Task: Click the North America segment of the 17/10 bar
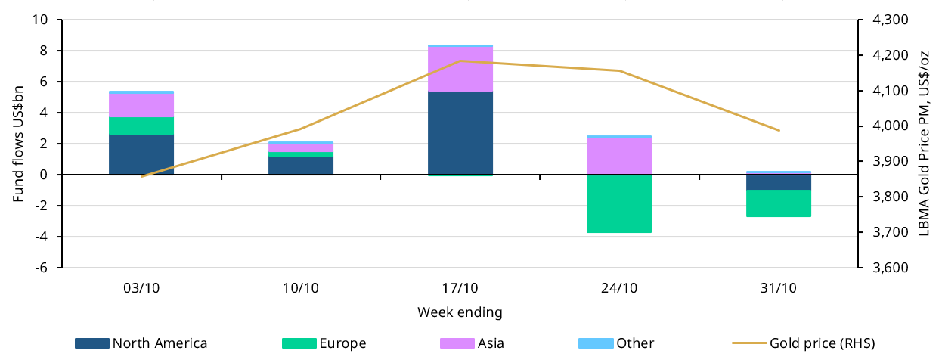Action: click(460, 133)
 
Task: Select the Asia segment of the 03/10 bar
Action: click(141, 105)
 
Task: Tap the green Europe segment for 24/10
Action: click(619, 203)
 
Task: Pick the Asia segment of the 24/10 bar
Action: click(619, 156)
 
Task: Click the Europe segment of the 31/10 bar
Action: click(779, 203)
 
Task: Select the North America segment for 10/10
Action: click(301, 166)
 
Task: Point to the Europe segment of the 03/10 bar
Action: click(141, 126)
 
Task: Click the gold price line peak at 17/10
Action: click(460, 61)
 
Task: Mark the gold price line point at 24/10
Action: click(619, 71)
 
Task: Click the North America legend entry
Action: click(141, 343)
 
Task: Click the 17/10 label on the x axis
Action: click(460, 288)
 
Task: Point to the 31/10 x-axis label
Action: click(779, 288)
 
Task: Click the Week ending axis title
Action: click(460, 312)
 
